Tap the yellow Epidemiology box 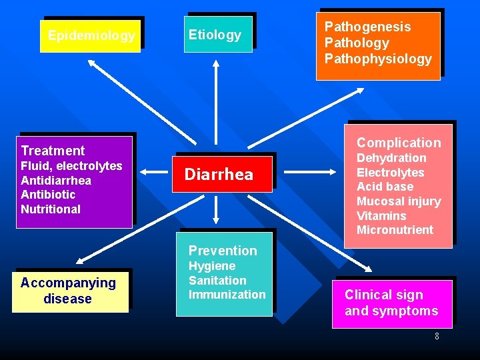pos(91,36)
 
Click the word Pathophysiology pos(378,59)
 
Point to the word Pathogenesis pos(367,27)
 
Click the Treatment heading pos(53,151)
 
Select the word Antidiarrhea pos(56,181)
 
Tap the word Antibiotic pos(48,195)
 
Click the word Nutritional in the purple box pos(51,209)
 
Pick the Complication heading pos(399,143)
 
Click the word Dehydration pos(391,158)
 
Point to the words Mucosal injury pos(399,201)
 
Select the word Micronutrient pos(395,230)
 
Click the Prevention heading pos(223,251)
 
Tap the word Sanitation pos(217,281)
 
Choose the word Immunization pos(227,295)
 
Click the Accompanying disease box pos(69,291)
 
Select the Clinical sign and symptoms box pos(391,303)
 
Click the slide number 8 pos(437,336)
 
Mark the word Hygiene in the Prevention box pos(212,266)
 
